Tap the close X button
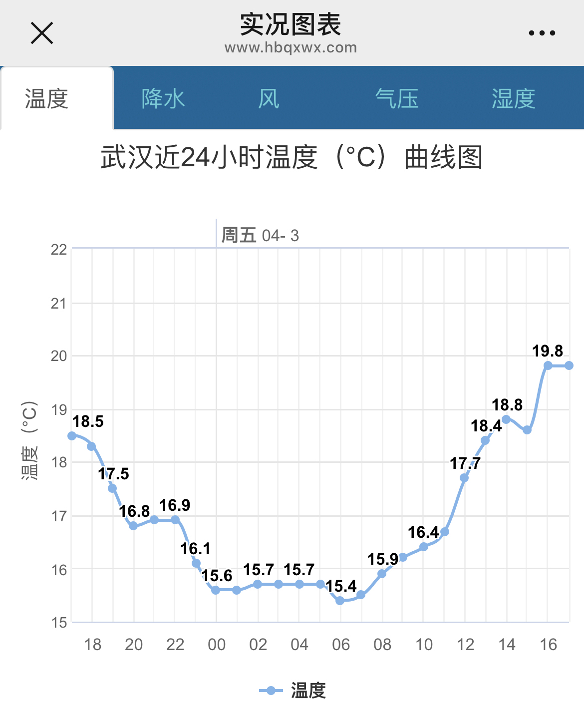coord(42,33)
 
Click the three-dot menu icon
coord(542,33)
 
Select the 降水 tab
coord(163,98)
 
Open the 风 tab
coord(269,98)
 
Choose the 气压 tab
coord(397,98)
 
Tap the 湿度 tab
coord(513,98)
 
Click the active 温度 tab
coord(47,98)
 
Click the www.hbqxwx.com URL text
coord(291,48)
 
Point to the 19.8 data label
coord(548,351)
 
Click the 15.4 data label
coord(341,586)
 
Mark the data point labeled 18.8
coord(506,419)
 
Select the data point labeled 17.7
coord(464,478)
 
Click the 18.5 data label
coord(88,421)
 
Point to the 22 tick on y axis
coord(59,249)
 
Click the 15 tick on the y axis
coord(59,623)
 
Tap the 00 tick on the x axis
coord(217,645)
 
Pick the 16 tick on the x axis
coord(548,645)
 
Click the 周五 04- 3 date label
coord(260,235)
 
